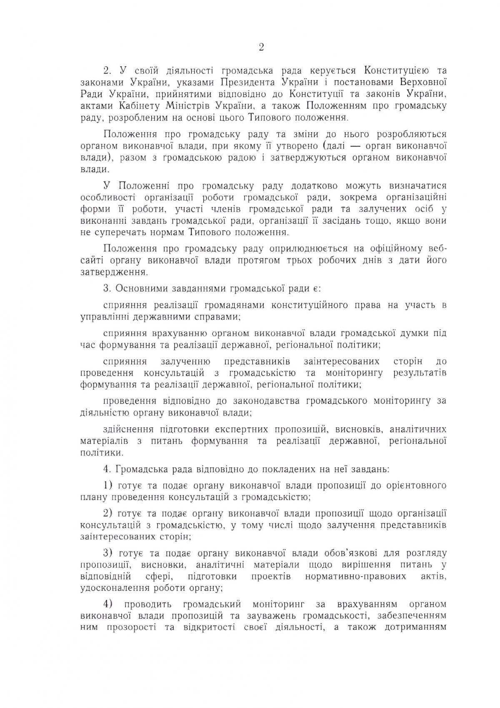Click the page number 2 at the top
[x=261, y=48]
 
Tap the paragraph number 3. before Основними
[x=107, y=288]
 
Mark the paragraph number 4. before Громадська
[x=107, y=469]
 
